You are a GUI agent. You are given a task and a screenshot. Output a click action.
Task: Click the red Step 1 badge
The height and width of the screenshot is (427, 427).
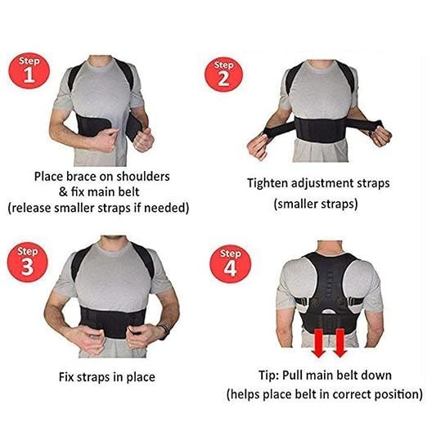[29, 71]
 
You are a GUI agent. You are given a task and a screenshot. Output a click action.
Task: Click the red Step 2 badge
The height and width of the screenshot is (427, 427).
[223, 74]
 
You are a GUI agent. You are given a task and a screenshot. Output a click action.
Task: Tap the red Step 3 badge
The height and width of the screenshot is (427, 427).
[28, 262]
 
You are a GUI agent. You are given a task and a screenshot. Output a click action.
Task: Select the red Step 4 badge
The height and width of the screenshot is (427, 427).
[231, 264]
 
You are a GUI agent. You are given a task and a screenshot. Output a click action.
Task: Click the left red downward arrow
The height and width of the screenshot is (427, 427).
[319, 343]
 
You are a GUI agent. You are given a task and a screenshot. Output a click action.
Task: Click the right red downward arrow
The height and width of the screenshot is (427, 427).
[339, 343]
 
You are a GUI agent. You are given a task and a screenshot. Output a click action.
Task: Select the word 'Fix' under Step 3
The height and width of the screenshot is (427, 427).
[66, 377]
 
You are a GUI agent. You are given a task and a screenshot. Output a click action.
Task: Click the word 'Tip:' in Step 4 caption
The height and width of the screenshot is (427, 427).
[268, 375]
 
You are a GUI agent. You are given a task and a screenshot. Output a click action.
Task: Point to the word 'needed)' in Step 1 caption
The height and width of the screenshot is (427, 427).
[166, 209]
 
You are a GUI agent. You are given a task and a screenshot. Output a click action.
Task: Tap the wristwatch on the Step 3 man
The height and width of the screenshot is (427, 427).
[164, 332]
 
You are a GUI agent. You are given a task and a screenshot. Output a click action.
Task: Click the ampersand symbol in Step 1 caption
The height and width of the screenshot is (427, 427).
[63, 192]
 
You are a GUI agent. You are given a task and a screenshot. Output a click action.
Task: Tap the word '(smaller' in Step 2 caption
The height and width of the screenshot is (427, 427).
[295, 204]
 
